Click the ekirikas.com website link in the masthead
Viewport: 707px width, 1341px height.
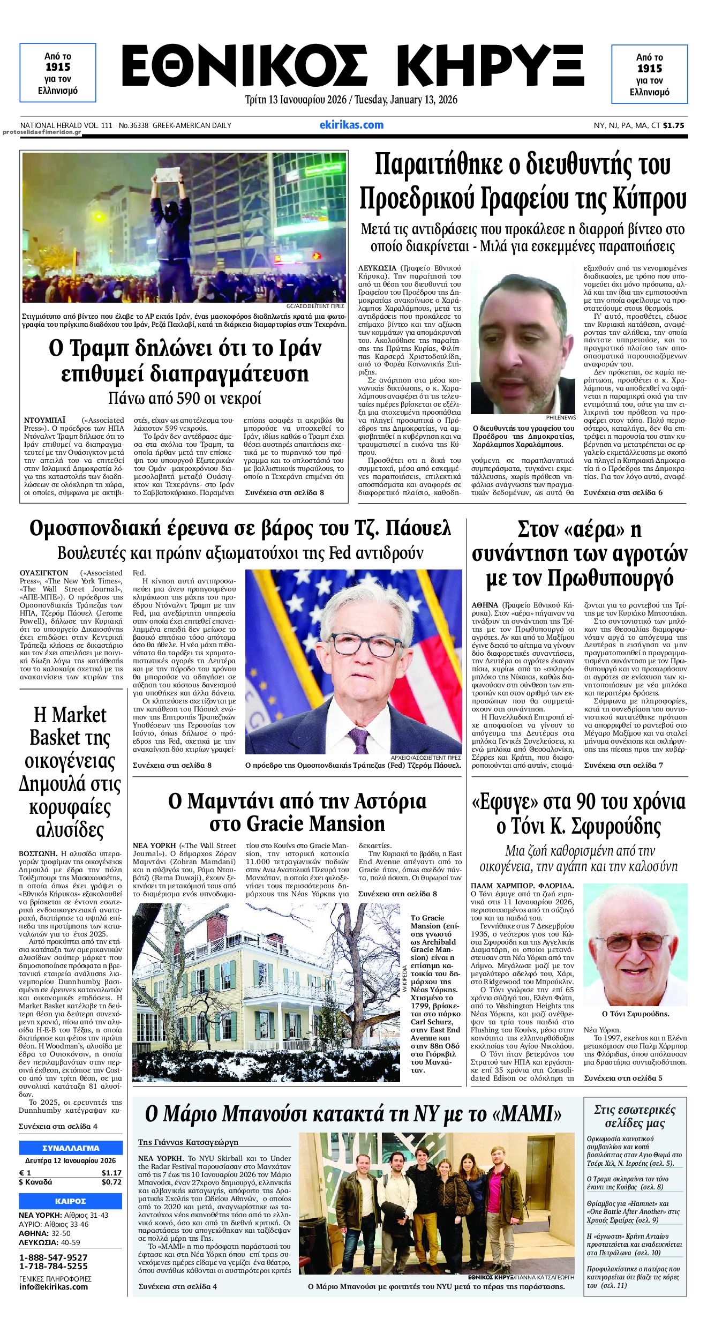pos(351,125)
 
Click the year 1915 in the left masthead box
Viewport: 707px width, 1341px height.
pos(58,67)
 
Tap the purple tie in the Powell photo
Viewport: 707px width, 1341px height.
pos(358,740)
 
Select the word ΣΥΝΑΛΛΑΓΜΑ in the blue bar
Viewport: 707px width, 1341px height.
pos(71,1148)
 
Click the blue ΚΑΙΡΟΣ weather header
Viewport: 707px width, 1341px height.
pos(71,1201)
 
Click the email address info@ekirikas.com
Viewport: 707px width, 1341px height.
pos(53,1286)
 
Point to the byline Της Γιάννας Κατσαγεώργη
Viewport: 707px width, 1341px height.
pos(188,1142)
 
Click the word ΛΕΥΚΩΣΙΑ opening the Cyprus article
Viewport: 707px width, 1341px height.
pos(377,267)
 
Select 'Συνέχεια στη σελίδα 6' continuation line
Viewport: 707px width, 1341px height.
pos(622,492)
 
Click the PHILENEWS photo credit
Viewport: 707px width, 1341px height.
pos(561,417)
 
